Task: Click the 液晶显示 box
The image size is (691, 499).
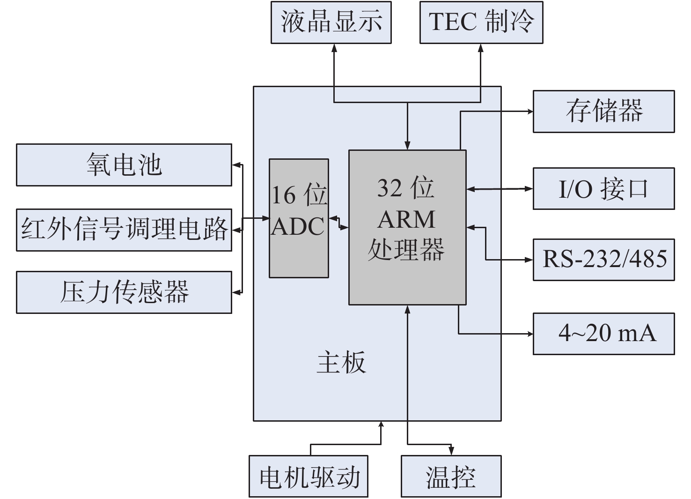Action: tap(331, 22)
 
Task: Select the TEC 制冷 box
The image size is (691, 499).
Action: tap(481, 22)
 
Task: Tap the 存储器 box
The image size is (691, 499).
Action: tap(603, 112)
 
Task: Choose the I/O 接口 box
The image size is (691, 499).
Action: tap(603, 188)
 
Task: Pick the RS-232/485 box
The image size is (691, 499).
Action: tap(603, 260)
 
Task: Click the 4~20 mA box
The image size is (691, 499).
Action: tap(603, 334)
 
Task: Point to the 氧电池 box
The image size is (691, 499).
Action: tap(124, 165)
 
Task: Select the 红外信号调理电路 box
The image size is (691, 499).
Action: tap(124, 230)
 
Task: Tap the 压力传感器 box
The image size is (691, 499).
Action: tap(124, 292)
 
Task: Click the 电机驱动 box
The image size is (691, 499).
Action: tap(309, 476)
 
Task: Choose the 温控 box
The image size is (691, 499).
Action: tap(451, 476)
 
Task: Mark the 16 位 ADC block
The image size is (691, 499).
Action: tap(299, 218)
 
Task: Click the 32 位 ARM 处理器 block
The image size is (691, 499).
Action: tap(407, 227)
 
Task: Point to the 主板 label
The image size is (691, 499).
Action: tap(341, 363)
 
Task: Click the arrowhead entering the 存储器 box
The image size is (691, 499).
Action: tap(530, 112)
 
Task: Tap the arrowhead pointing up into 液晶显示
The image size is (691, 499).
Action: tap(334, 47)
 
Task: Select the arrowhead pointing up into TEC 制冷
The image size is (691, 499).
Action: tap(481, 47)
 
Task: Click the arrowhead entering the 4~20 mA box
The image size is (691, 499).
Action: tap(530, 334)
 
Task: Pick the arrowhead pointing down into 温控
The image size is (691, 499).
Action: tap(451, 451)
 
